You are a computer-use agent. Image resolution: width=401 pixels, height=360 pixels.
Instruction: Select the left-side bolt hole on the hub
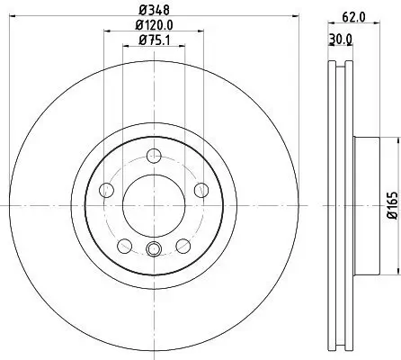(x=106, y=189)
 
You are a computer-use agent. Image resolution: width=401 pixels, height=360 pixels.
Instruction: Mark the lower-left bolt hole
(x=123, y=244)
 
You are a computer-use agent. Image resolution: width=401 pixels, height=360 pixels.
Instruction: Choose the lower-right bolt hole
(x=183, y=244)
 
